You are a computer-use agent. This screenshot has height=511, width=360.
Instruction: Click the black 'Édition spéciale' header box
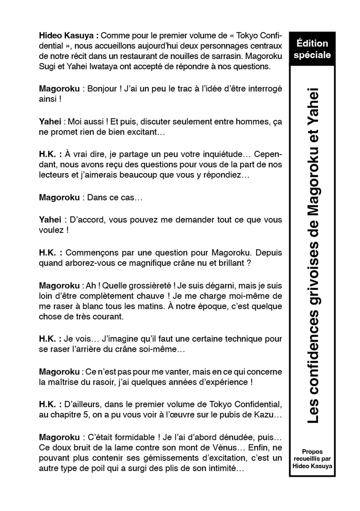[312, 49]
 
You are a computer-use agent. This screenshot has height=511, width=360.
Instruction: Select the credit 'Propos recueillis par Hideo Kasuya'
[312, 458]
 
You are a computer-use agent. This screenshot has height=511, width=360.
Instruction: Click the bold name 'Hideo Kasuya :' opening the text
[69, 36]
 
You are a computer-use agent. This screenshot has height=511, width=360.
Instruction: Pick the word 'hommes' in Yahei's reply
[235, 122]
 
